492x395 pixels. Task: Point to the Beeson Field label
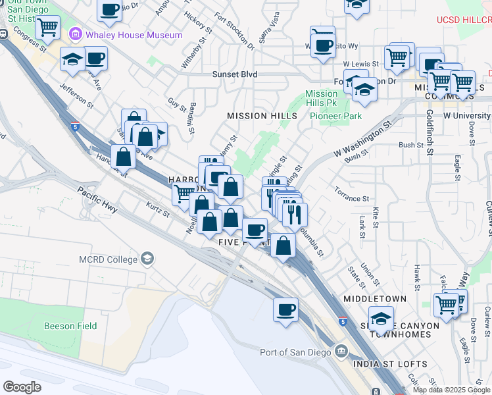70,326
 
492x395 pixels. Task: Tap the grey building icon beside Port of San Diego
341,351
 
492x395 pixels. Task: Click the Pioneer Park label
336,116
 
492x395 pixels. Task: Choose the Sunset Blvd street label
234,74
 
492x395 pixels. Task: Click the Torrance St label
351,198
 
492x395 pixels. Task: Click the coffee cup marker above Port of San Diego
285,309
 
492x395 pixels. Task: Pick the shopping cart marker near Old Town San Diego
47,28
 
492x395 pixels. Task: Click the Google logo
22,387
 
